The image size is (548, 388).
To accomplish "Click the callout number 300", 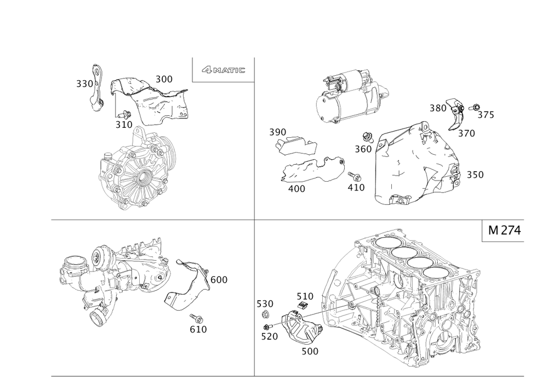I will pos(164,80).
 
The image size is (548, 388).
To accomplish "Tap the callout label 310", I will pos(123,125).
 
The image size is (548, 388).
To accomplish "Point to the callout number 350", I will pos(475,175).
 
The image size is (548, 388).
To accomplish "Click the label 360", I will pos(363,148).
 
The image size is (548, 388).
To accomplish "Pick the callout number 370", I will pos(467,133).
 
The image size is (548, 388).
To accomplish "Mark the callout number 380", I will pos(438,108).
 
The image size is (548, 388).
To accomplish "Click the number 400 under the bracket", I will pos(296,188).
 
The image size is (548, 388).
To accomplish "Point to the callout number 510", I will pos(305,296).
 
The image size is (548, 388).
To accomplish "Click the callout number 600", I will pos(219,279).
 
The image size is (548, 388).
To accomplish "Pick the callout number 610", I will pos(198,329).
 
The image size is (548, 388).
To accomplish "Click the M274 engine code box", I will pos(501,232).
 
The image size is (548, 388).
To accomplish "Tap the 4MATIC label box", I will pos(222,70).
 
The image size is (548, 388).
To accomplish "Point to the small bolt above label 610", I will pos(195,317).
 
